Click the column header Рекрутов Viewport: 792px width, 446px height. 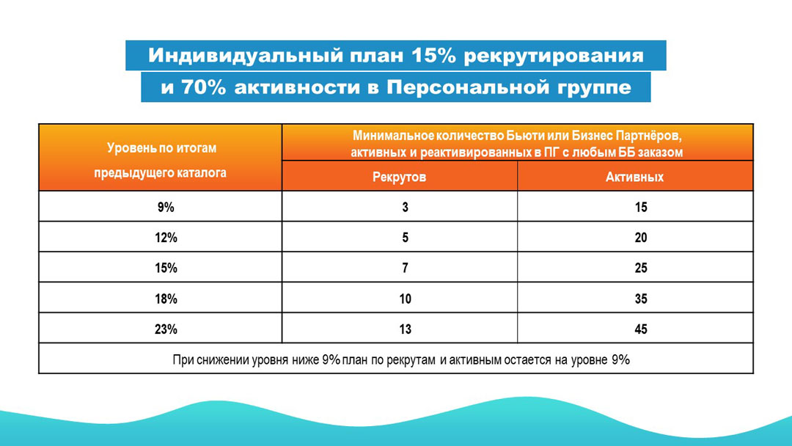[x=399, y=178]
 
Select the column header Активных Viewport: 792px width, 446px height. [x=634, y=178]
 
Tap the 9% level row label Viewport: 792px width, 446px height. [x=166, y=207]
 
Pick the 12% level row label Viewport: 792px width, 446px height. [x=166, y=238]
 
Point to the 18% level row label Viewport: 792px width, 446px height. [x=166, y=299]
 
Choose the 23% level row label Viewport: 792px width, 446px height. [x=166, y=329]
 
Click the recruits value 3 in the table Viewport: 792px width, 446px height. [x=405, y=207]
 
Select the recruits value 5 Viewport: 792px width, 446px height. [x=405, y=238]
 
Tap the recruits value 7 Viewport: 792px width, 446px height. [x=405, y=268]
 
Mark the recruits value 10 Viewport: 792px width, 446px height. [x=405, y=299]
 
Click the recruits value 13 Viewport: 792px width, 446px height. [x=405, y=329]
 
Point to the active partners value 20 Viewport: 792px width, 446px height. [x=640, y=238]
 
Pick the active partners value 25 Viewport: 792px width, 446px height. [x=640, y=268]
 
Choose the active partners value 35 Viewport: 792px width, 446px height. [x=640, y=299]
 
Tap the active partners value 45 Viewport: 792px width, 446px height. [x=640, y=329]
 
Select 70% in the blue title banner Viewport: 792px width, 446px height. [x=203, y=87]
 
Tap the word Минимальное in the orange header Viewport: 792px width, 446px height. [x=392, y=136]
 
